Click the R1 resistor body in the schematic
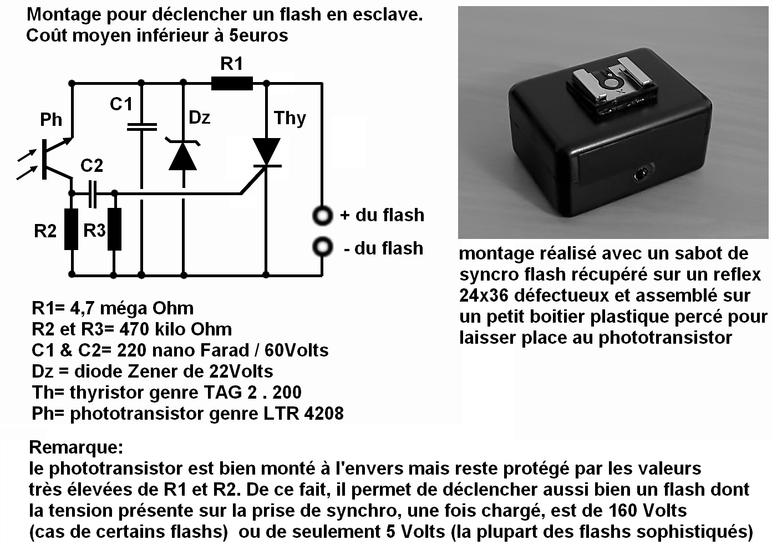click(x=232, y=84)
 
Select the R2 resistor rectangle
click(x=71, y=229)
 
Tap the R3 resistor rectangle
click(x=114, y=229)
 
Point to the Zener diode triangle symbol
click(x=183, y=157)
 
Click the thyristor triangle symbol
click(x=266, y=151)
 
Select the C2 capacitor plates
click(x=93, y=193)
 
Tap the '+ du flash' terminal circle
click(x=322, y=215)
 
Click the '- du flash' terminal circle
click(x=322, y=247)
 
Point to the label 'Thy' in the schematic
click(x=289, y=118)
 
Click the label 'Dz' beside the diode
click(x=199, y=118)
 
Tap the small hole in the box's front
click(x=642, y=175)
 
